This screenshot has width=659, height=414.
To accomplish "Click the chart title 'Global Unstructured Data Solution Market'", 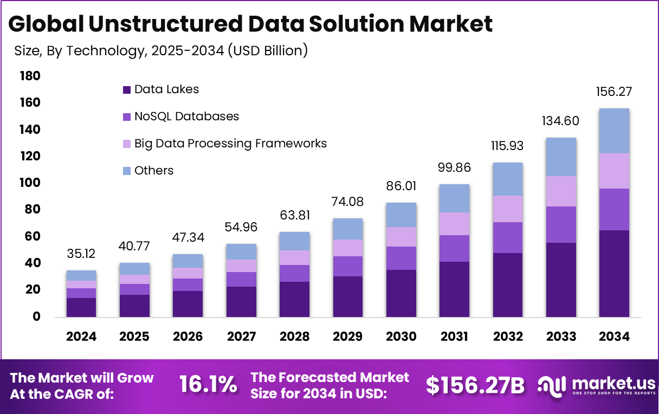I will pos(250,24).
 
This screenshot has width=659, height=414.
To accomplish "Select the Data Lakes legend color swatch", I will pos(127,90).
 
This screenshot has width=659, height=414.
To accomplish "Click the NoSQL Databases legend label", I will pos(186,117).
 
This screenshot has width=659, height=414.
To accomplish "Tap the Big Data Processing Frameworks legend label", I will pos(230,144).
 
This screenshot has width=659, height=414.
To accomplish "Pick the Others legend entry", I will pos(154,171).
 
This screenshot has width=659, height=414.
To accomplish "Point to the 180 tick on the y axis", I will pos(30,76).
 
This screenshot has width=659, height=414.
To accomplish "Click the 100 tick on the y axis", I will pos(30,183).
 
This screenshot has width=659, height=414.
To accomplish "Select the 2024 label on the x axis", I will pos(81,337).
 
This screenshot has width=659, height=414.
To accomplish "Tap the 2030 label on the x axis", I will pos(401,337).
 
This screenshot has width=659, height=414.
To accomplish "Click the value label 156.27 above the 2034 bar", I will pos(615,92).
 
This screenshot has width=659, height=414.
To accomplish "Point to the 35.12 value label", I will pos(81,254).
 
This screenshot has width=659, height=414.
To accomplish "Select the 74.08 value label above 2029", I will pos(347,202).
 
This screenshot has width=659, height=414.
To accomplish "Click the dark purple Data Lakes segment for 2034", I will pos(615,274).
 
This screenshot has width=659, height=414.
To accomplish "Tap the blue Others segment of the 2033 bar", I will pos(561,157).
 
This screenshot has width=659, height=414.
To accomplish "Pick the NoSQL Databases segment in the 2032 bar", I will pos(508,237).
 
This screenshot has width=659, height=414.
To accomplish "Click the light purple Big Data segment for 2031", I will pos(454,224).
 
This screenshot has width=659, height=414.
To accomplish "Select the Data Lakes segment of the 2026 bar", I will pos(188,304).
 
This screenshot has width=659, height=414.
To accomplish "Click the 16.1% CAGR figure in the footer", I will pos(208,385).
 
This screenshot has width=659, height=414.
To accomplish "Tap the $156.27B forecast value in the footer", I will pos(475,385).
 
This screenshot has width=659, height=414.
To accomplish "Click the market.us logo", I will pos(593,385).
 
